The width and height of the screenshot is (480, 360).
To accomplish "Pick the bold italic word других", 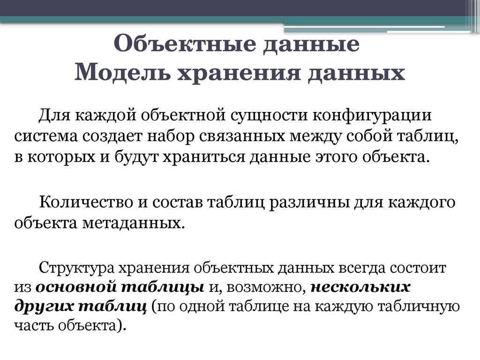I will point(43,306).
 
